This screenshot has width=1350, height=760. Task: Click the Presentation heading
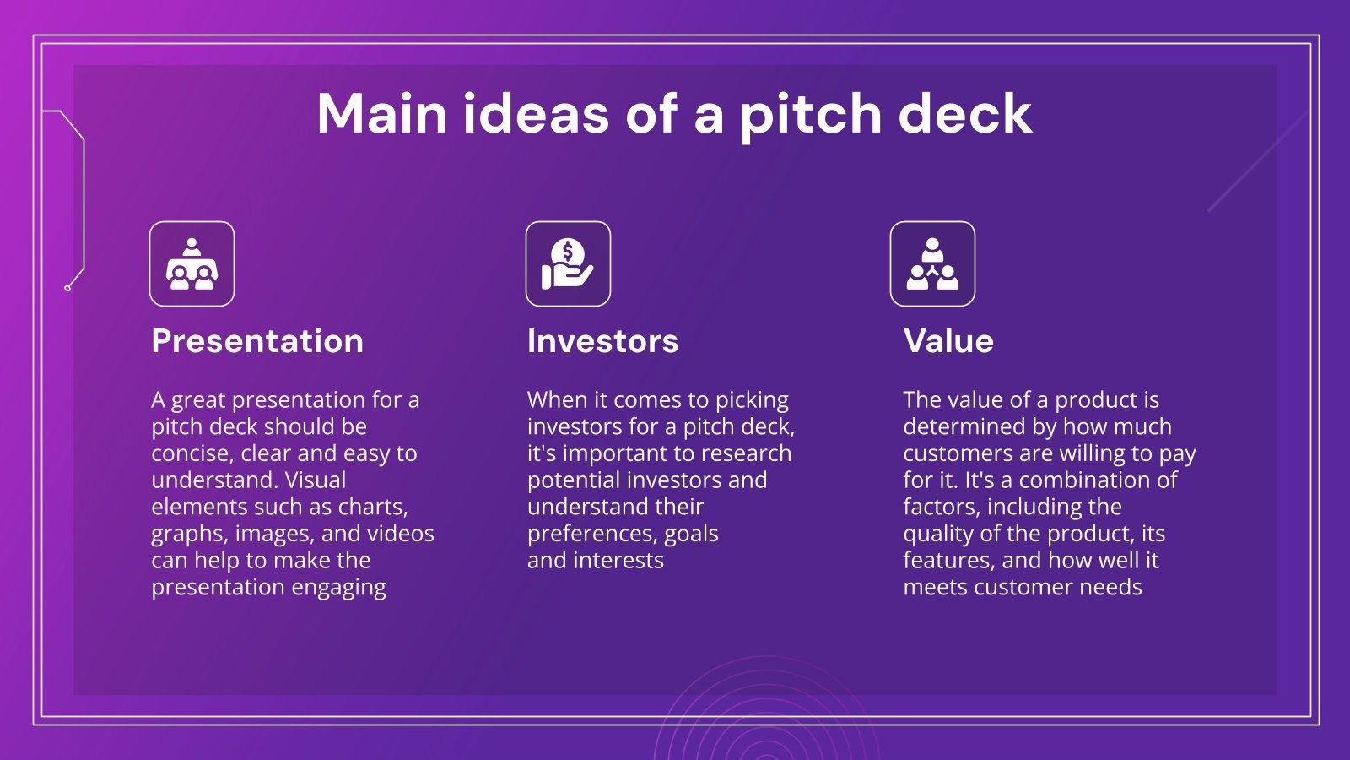257,341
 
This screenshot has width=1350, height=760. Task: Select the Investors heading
602,341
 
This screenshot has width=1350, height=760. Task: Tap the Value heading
948,341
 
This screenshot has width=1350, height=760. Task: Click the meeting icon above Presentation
192,263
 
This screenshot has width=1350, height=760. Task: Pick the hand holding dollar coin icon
568,263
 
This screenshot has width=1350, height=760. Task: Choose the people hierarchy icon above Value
932,263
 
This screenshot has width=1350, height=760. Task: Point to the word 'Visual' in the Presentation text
316,480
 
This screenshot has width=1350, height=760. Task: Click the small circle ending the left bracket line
67,288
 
